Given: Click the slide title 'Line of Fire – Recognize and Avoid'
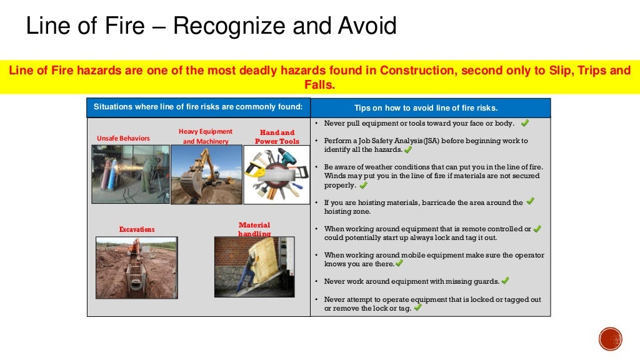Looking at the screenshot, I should tap(211, 26).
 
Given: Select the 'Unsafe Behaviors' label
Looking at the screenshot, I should tap(123, 138).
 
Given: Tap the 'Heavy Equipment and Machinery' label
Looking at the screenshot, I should tap(206, 136).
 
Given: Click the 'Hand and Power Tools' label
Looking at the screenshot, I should tap(277, 137).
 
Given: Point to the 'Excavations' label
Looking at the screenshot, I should tap(137, 229).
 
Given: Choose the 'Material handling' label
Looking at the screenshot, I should tap(254, 229).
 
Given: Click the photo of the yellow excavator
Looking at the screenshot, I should tap(206, 174).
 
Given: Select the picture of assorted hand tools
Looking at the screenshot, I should tap(276, 174).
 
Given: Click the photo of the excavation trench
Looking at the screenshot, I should tap(136, 267).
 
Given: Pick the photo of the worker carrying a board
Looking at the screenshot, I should tap(254, 266).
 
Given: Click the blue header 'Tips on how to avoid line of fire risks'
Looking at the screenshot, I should tap(431, 108).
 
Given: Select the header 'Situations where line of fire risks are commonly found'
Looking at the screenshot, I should tap(198, 107).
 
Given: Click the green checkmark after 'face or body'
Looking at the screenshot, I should tap(524, 122).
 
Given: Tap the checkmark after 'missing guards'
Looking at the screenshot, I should tap(505, 281).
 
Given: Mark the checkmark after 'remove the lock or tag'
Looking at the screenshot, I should tap(417, 307).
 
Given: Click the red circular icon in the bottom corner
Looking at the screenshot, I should tap(610, 338).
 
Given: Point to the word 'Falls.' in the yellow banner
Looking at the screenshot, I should tap(320, 85).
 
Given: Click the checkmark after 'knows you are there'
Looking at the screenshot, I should tap(399, 263).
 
